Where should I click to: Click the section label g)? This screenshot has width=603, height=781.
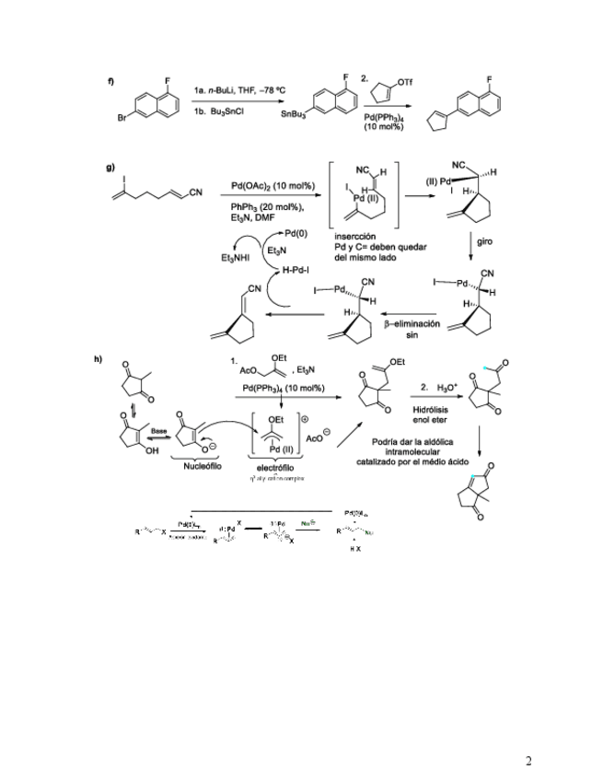click(111, 169)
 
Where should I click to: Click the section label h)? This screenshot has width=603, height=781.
click(111, 358)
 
